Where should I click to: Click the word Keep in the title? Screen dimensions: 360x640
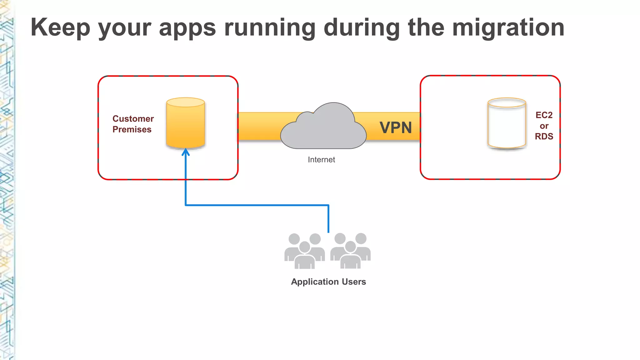[60, 27]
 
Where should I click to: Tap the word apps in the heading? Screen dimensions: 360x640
[187, 27]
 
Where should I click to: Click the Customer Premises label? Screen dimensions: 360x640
[133, 124]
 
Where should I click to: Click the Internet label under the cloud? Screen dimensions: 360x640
[321, 160]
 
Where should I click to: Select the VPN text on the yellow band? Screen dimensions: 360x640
[396, 127]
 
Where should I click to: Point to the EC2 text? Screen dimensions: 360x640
[544, 115]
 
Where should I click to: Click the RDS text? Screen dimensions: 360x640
[544, 136]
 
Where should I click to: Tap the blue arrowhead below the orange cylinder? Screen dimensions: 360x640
[186, 152]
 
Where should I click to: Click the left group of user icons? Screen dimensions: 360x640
[304, 251]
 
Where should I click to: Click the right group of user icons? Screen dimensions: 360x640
[350, 251]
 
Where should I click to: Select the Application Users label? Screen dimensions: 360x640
[328, 282]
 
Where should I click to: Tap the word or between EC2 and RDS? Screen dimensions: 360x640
[544, 126]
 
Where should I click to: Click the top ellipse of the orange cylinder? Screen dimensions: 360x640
[186, 102]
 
